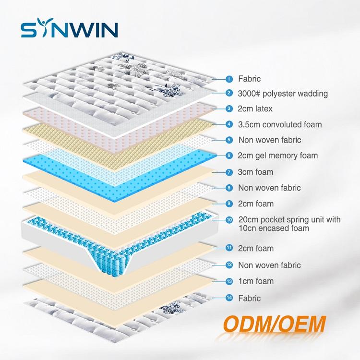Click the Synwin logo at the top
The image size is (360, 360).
pos(70,29)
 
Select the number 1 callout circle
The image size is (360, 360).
pos(229,79)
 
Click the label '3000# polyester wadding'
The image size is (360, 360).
pos(283,93)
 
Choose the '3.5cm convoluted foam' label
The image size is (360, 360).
pos(280,125)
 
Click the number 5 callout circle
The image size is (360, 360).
pos(229,140)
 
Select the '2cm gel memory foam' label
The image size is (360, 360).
pos(278,156)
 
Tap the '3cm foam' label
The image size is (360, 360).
pos(256,172)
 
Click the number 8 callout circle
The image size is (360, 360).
pos(229,188)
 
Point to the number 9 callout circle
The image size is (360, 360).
pos(229,204)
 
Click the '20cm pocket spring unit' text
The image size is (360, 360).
pos(289,220)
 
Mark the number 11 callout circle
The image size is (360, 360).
pos(229,248)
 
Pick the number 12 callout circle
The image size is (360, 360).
pos(229,265)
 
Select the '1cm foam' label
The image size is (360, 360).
pos(256,281)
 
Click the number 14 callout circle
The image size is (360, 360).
pos(229,298)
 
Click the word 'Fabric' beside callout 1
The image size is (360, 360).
pos(249,79)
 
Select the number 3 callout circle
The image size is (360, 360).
pos(229,109)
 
